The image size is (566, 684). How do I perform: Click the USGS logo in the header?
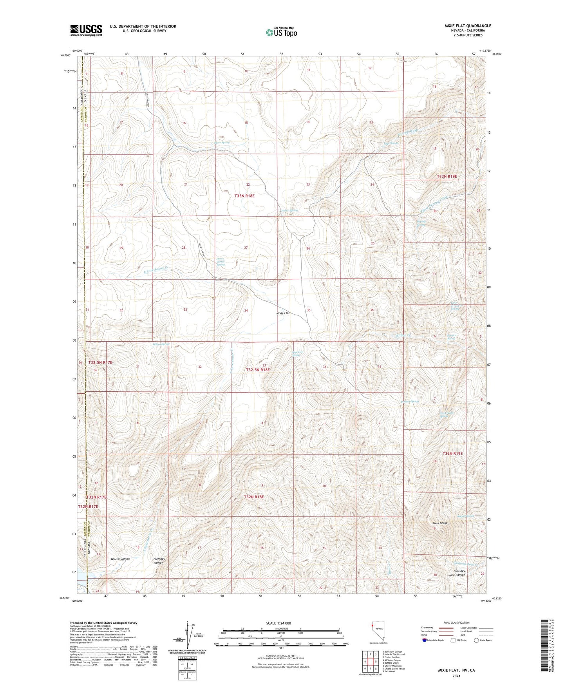click(x=86, y=30)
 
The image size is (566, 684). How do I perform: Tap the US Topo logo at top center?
click(x=281, y=32)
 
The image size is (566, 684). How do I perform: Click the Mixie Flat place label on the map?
click(x=283, y=313)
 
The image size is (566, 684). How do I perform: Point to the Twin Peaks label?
click(x=439, y=523)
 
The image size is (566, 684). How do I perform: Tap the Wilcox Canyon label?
click(x=120, y=559)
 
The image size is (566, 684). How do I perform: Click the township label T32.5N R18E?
click(x=258, y=369)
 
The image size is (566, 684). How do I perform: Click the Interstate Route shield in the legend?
click(x=425, y=640)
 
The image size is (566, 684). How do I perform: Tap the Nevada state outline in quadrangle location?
click(x=376, y=631)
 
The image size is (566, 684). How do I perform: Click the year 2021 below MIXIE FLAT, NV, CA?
click(x=456, y=676)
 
